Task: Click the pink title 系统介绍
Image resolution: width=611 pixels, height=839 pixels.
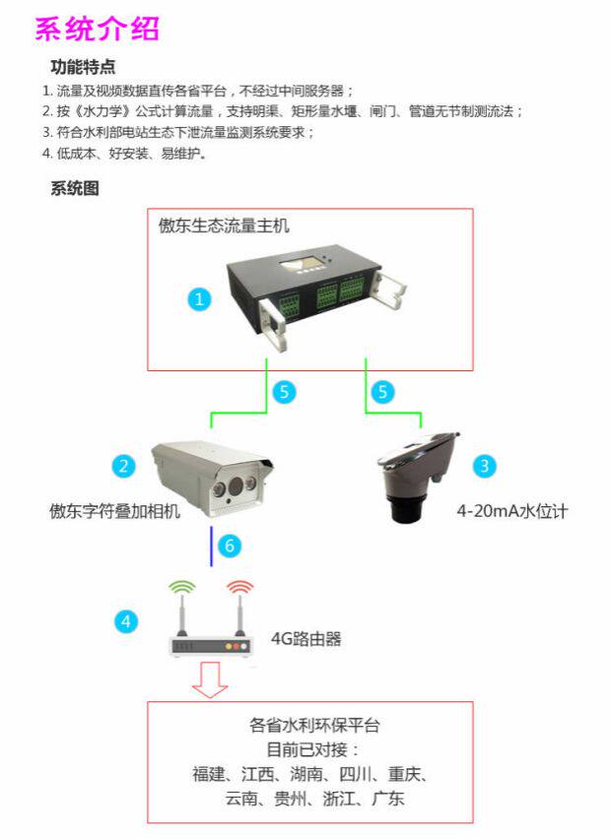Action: pos(97,30)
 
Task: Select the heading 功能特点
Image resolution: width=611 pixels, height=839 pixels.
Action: pos(83,67)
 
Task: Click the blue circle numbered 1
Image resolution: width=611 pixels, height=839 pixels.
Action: pos(200,298)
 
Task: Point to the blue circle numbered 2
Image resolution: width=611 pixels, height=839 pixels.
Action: pos(123,465)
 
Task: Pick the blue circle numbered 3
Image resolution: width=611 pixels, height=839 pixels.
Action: pos(484,465)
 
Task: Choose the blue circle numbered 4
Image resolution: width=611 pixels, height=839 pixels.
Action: pos(124,621)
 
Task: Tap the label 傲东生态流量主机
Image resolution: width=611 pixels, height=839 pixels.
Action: pos(225,226)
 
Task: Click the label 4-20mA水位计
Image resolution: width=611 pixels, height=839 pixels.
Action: pos(512,511)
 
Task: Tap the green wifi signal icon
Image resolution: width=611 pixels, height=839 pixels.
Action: pos(182,588)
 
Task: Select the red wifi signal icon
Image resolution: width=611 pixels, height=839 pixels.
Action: pos(239,588)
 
